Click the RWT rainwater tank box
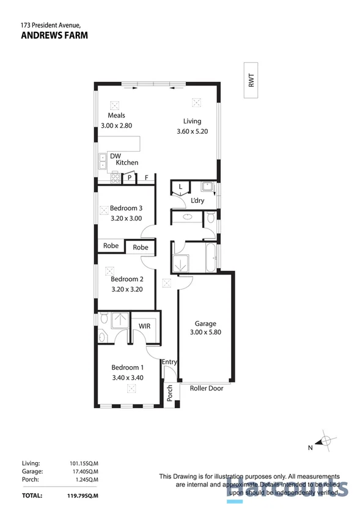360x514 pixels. [x=251, y=80]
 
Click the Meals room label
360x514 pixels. [x=117, y=116]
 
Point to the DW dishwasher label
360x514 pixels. [x=115, y=156]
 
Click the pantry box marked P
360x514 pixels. [x=130, y=178]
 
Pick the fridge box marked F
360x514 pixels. [x=146, y=178]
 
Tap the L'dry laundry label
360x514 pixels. [x=197, y=201]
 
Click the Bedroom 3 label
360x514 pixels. [x=126, y=208]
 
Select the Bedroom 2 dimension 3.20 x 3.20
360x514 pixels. [x=127, y=290]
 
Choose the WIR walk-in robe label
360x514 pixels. [x=145, y=326]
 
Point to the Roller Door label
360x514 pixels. [x=207, y=388]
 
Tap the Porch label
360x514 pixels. [x=170, y=392]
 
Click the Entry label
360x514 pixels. [x=169, y=362]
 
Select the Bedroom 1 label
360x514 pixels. [x=127, y=367]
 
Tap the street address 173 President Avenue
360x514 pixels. [x=51, y=25]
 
